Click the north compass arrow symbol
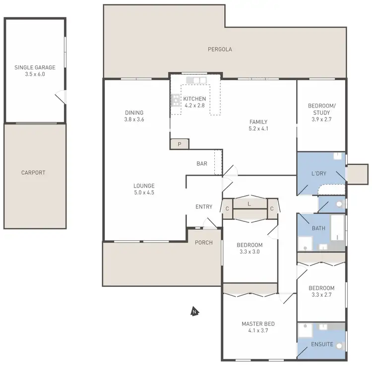coord(195,312)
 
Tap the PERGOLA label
coord(220,49)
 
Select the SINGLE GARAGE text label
coord(35,67)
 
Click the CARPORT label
coord(33,173)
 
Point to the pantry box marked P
coord(179,144)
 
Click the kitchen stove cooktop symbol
coord(176,100)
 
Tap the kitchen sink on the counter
coord(192,80)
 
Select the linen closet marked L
coord(249,204)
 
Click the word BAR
coord(201,163)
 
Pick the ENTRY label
coord(204,207)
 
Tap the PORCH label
coord(204,243)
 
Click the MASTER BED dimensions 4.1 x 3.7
coord(258,331)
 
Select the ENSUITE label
coord(321,343)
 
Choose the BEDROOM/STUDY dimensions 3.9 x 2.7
coord(321,119)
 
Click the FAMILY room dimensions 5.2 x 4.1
coord(258,129)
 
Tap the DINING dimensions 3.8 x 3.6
coord(134,119)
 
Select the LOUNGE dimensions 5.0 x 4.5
coord(144,193)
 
